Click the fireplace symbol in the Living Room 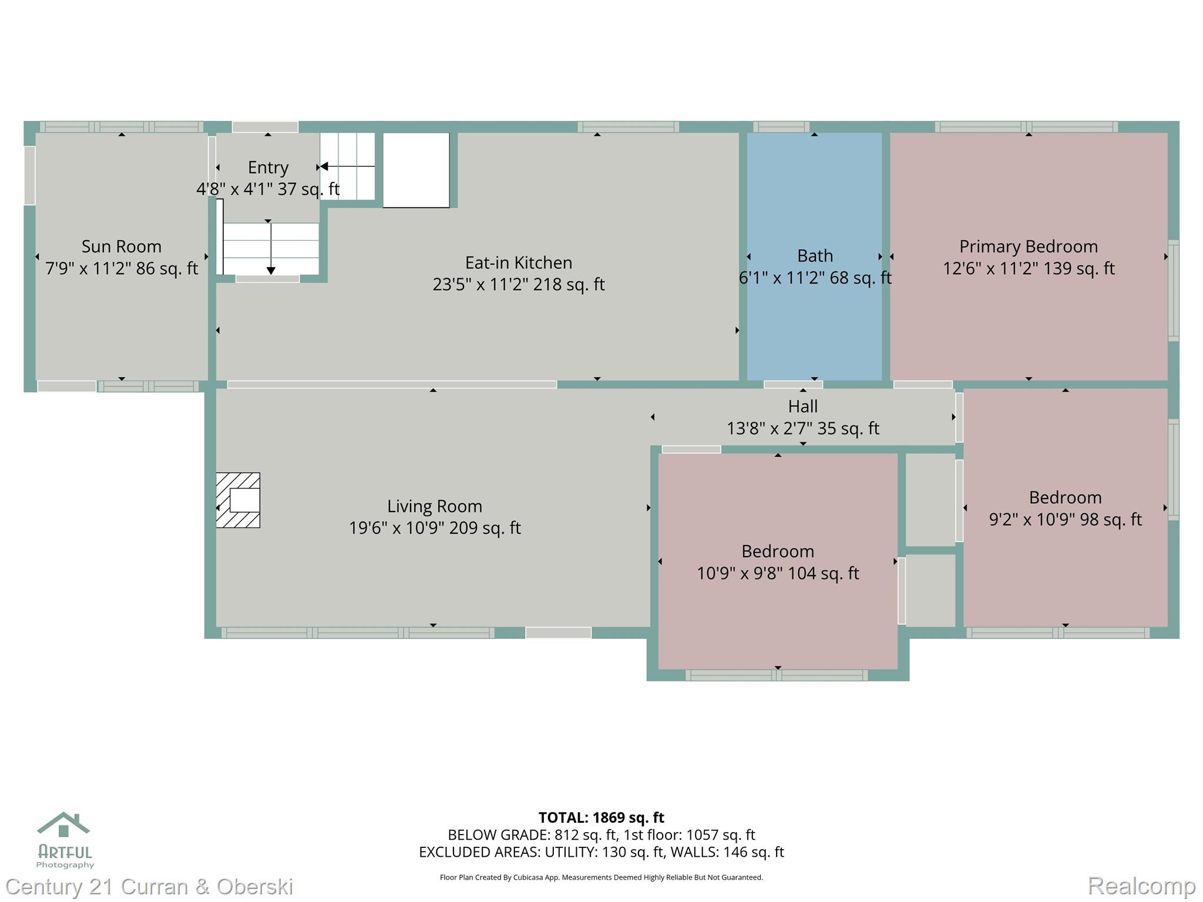click(238, 500)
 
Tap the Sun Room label click(121, 246)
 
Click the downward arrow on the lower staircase click(271, 270)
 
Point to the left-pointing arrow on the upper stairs click(324, 167)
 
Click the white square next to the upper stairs click(416, 170)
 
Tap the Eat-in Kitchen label click(518, 262)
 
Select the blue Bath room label click(815, 256)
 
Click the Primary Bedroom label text click(1028, 246)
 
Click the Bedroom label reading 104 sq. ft click(777, 551)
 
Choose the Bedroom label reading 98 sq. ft click(1064, 498)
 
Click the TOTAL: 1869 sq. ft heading click(601, 817)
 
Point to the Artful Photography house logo click(63, 825)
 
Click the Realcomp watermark click(1141, 885)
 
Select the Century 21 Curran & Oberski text click(149, 886)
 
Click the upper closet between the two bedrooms click(930, 499)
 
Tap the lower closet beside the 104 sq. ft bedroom click(930, 590)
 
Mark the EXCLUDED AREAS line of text click(601, 851)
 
